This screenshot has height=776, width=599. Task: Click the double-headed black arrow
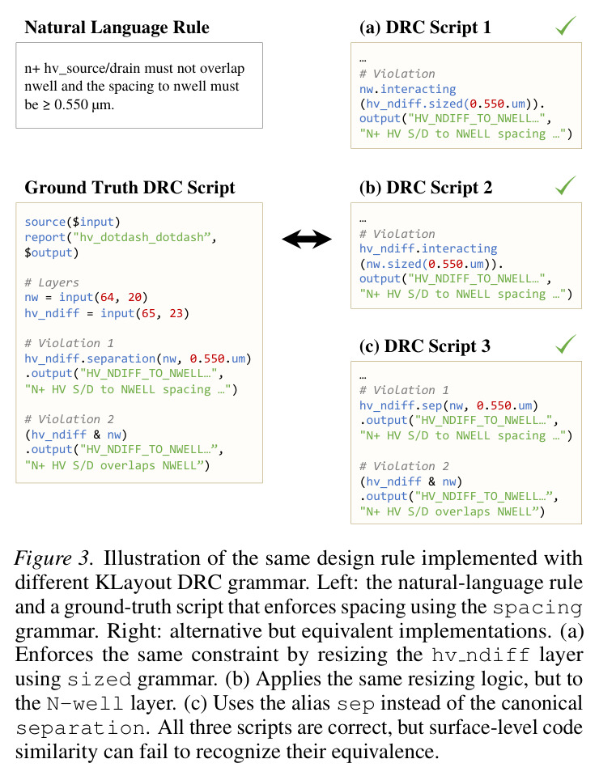pos(307,239)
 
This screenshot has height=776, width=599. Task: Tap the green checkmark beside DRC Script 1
pos(565,26)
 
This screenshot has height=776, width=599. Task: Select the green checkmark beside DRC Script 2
pos(565,185)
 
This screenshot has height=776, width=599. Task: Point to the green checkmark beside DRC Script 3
pos(565,344)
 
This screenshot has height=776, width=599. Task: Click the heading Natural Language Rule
pos(117,28)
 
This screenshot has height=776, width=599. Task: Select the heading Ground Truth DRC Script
pos(130,188)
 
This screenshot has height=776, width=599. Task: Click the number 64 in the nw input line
pos(107,297)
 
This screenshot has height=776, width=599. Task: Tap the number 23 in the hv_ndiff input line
pos(176,313)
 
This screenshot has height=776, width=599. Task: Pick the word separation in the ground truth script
pos(125,358)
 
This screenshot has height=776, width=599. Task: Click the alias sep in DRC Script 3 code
pos(431,406)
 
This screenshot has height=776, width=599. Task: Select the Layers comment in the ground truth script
pos(52,282)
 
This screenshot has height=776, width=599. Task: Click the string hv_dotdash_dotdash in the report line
pos(142,237)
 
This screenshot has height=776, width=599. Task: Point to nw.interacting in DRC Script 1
pos(407,89)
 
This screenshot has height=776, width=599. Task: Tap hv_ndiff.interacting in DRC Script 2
pos(428,248)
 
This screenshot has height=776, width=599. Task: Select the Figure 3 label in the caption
pos(53,558)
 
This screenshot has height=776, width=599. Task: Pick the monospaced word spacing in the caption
pos(537,607)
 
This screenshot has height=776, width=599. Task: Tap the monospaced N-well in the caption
pos(85,704)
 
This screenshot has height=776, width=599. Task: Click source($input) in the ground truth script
pos(72,222)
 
